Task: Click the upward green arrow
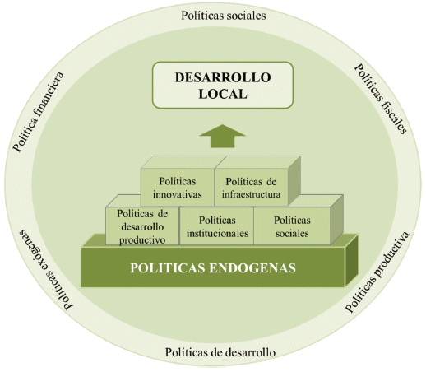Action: coord(222,136)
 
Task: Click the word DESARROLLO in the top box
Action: coord(223,77)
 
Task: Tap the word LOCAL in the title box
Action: coord(223,94)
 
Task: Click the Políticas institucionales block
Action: coord(217,226)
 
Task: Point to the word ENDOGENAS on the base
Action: coord(252,268)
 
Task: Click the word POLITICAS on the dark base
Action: coord(168,268)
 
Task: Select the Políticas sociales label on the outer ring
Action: coord(224,16)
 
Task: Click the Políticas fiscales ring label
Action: coord(381,99)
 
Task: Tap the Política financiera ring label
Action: coord(39,112)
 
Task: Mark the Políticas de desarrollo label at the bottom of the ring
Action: coord(220,352)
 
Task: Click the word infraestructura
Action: coord(252,194)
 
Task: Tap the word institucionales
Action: coord(217,234)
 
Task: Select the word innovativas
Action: coord(178,194)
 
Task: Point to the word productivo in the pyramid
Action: coord(142,240)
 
